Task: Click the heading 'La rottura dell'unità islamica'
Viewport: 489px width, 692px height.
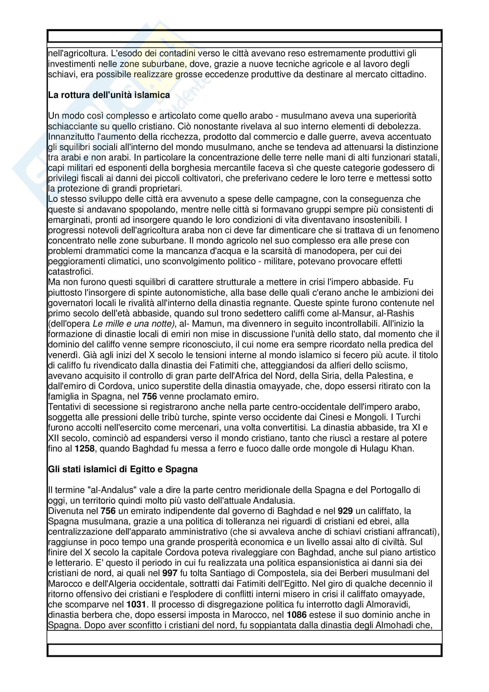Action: (x=109, y=95)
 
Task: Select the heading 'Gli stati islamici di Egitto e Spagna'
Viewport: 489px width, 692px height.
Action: (x=123, y=469)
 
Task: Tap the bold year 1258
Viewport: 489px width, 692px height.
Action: (x=85, y=449)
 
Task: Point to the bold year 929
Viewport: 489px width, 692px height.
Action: (x=345, y=511)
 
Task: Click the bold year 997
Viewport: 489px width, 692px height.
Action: (x=170, y=573)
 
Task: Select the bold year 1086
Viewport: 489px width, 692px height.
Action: (x=296, y=615)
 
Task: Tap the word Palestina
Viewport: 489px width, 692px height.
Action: (x=386, y=376)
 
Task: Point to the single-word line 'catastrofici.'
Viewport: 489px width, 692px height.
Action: (x=71, y=272)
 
